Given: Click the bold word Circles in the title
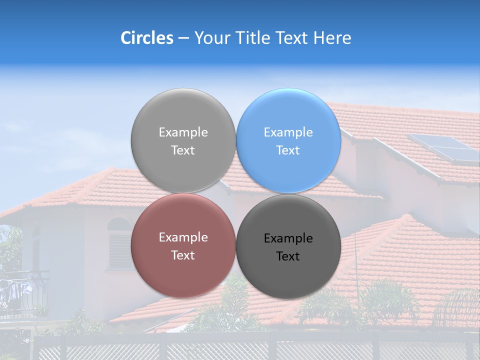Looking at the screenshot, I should [146, 38].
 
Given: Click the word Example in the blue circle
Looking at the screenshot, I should [288, 132].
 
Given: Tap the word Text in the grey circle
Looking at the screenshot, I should [183, 150].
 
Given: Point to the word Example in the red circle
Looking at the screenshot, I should [183, 237].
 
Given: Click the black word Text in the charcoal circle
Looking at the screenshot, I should [288, 256].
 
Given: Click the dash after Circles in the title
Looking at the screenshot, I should [183, 38].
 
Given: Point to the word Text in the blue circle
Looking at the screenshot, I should [288, 150].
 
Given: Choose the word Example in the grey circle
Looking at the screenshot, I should [183, 132].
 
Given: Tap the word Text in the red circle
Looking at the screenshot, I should [183, 255].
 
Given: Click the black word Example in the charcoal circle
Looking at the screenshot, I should [288, 238].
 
